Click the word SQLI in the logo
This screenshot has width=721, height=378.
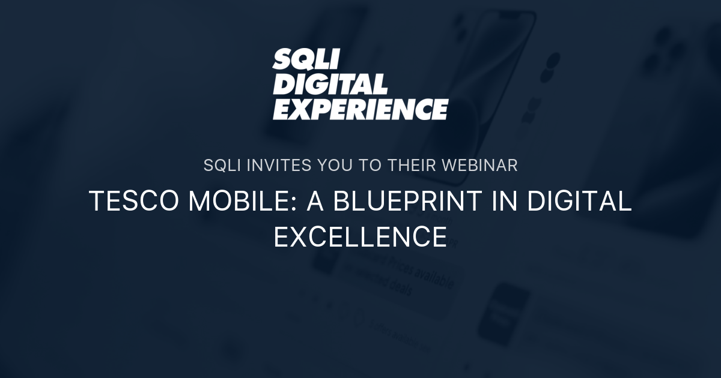pyautogui.click(x=306, y=60)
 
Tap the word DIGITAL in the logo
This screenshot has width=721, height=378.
pyautogui.click(x=330, y=85)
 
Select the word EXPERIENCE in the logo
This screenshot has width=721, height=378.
pyautogui.click(x=360, y=109)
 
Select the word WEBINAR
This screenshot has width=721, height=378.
pyautogui.click(x=480, y=166)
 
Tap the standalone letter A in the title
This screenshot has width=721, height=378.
pyautogui.click(x=316, y=202)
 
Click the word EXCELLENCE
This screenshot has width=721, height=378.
pyautogui.click(x=360, y=236)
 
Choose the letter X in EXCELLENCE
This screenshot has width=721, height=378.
pyautogui.click(x=298, y=236)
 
